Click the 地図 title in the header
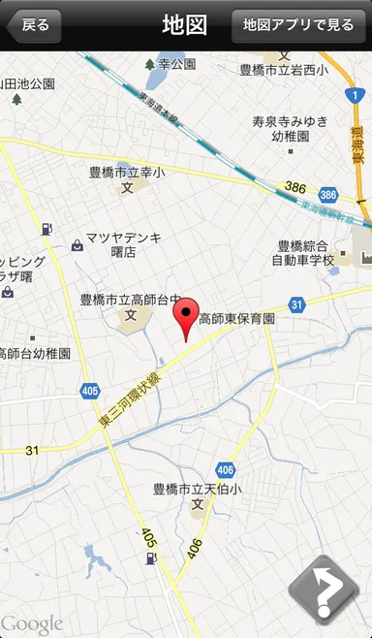click(185, 24)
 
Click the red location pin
click(185, 318)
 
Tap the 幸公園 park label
click(177, 64)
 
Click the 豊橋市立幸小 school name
click(126, 173)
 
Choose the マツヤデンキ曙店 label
click(124, 244)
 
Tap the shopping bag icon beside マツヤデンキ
click(77, 245)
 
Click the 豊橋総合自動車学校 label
click(303, 253)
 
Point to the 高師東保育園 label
click(237, 318)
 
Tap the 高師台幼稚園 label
click(35, 354)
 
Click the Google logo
click(32, 623)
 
